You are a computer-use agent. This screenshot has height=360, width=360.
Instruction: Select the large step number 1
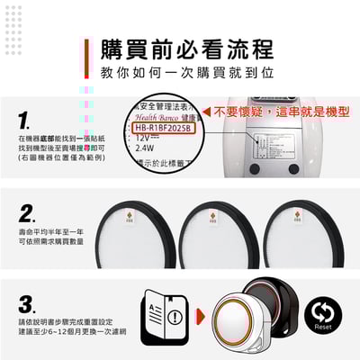(x=23, y=120)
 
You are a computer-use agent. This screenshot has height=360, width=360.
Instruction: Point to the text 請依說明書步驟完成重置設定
(x=66, y=320)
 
